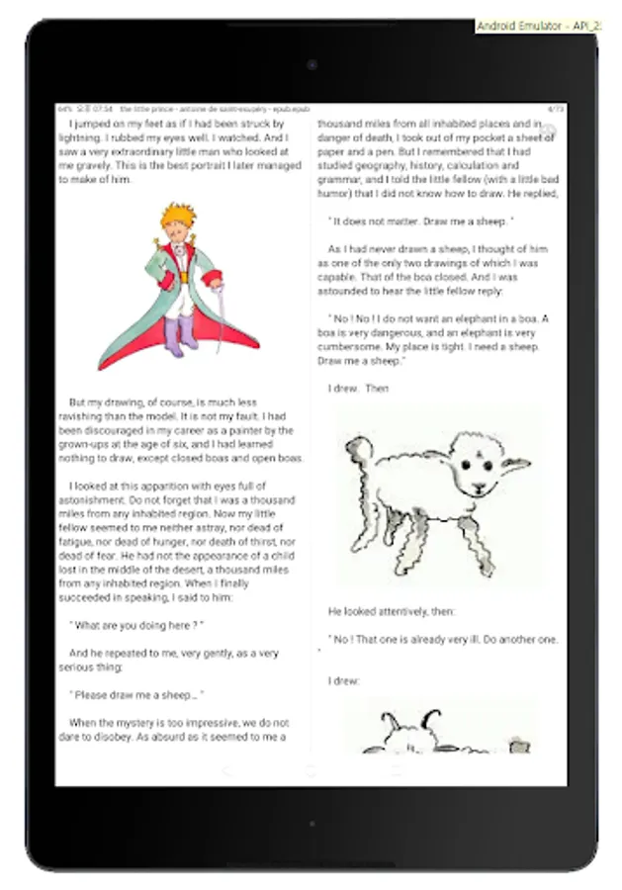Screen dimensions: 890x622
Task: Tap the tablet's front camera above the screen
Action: point(311,65)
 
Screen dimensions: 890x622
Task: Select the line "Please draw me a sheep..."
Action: point(136,695)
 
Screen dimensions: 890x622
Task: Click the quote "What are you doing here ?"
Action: point(136,625)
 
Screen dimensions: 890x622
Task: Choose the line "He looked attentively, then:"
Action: point(393,612)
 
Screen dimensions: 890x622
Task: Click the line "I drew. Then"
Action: point(359,389)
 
